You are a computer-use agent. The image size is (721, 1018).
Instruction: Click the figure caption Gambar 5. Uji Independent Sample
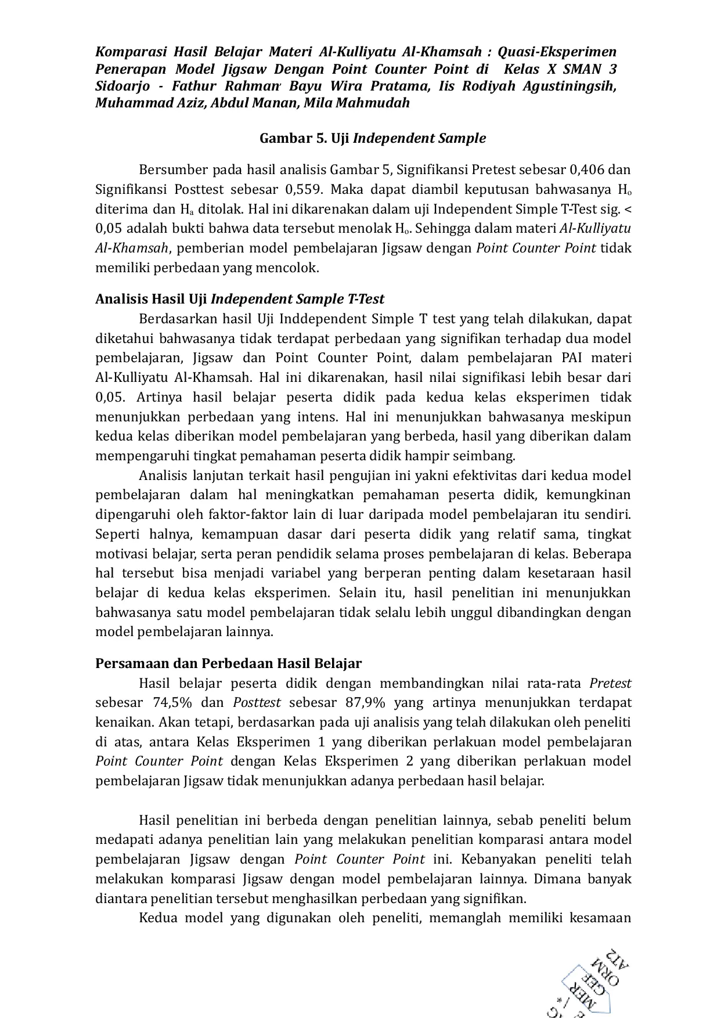point(372,138)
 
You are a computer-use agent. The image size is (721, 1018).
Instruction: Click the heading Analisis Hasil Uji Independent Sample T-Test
point(240,299)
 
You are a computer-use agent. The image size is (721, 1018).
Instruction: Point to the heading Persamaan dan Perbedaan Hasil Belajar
point(228,663)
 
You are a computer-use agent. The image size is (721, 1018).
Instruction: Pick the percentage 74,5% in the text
point(172,703)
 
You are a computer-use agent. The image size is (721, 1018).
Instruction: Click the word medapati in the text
point(122,840)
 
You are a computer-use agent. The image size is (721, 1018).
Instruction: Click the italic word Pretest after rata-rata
point(610,683)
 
